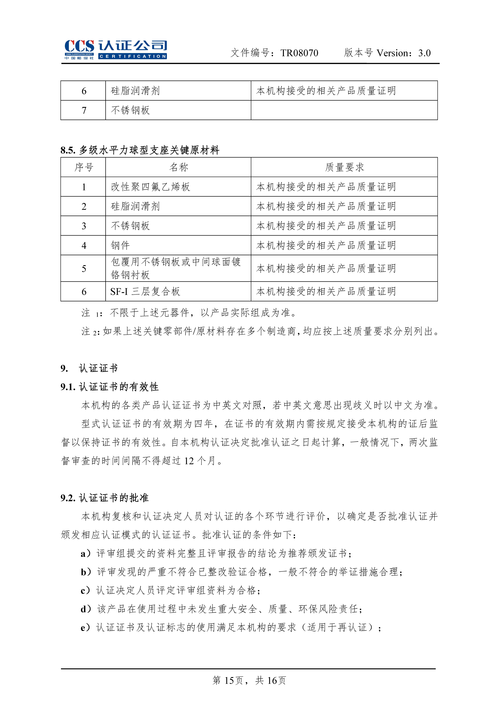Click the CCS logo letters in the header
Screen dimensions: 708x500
coord(79,46)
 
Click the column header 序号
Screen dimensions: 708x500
coord(84,167)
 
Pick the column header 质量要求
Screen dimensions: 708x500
coord(344,167)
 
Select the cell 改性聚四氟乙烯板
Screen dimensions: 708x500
coord(150,187)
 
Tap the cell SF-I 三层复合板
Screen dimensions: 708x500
coord(145,291)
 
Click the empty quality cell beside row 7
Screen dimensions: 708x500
coord(344,110)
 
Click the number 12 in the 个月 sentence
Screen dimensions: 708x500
coord(189,461)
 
